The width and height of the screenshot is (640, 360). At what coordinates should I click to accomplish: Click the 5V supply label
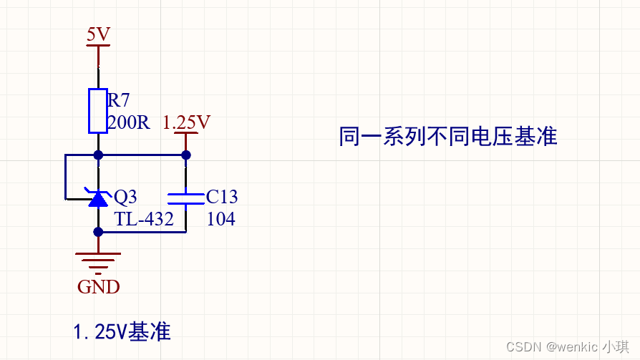[98, 34]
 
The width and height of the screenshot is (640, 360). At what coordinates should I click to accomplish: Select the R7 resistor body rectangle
[98, 110]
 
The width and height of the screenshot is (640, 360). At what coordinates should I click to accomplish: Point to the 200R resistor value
[128, 122]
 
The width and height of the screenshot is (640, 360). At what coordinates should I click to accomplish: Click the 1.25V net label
[186, 122]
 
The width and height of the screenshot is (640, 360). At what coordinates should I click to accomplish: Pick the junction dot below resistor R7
[98, 155]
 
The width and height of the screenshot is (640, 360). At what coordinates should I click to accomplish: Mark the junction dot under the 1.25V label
[186, 155]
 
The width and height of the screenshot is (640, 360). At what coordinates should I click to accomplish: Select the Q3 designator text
[125, 197]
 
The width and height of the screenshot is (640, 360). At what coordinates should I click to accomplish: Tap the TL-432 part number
[144, 219]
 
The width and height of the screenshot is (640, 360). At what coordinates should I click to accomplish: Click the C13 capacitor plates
[185, 198]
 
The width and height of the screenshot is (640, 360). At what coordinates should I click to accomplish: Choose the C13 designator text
[222, 197]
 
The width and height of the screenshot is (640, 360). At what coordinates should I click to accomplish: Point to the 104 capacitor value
[220, 219]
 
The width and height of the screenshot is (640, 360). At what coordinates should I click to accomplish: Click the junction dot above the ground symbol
[98, 231]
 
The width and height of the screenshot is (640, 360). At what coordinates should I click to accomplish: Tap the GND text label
[98, 287]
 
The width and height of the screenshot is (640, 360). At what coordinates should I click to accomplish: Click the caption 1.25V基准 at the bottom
[122, 331]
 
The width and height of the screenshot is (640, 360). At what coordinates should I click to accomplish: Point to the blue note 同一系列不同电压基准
[448, 136]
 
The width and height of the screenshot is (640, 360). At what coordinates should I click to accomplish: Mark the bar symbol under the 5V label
[98, 46]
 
